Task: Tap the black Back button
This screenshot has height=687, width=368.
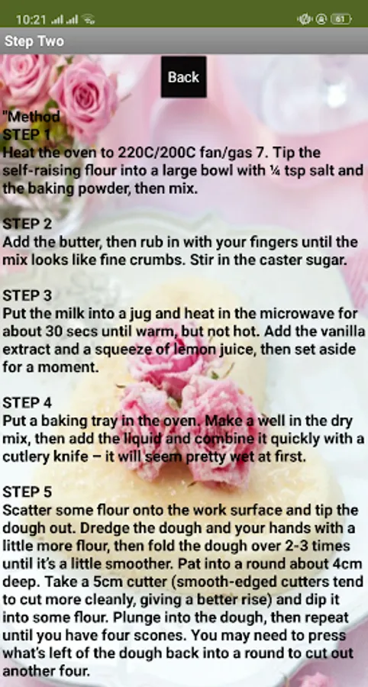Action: pyautogui.click(x=183, y=76)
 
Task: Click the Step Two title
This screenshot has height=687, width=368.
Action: pyautogui.click(x=34, y=41)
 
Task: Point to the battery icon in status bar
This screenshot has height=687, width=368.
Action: pyautogui.click(x=341, y=19)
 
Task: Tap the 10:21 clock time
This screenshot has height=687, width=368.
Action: pyautogui.click(x=31, y=20)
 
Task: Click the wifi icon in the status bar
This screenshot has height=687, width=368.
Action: pyautogui.click(x=89, y=20)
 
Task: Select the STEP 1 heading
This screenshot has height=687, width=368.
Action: pyautogui.click(x=27, y=134)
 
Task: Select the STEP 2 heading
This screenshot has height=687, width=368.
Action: pyautogui.click(x=27, y=224)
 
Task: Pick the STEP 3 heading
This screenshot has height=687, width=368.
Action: pyautogui.click(x=27, y=295)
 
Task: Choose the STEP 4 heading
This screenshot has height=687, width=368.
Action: pyautogui.click(x=27, y=402)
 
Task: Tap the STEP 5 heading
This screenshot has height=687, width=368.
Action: pyautogui.click(x=27, y=492)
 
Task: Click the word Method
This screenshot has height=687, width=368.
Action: pyautogui.click(x=34, y=117)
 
